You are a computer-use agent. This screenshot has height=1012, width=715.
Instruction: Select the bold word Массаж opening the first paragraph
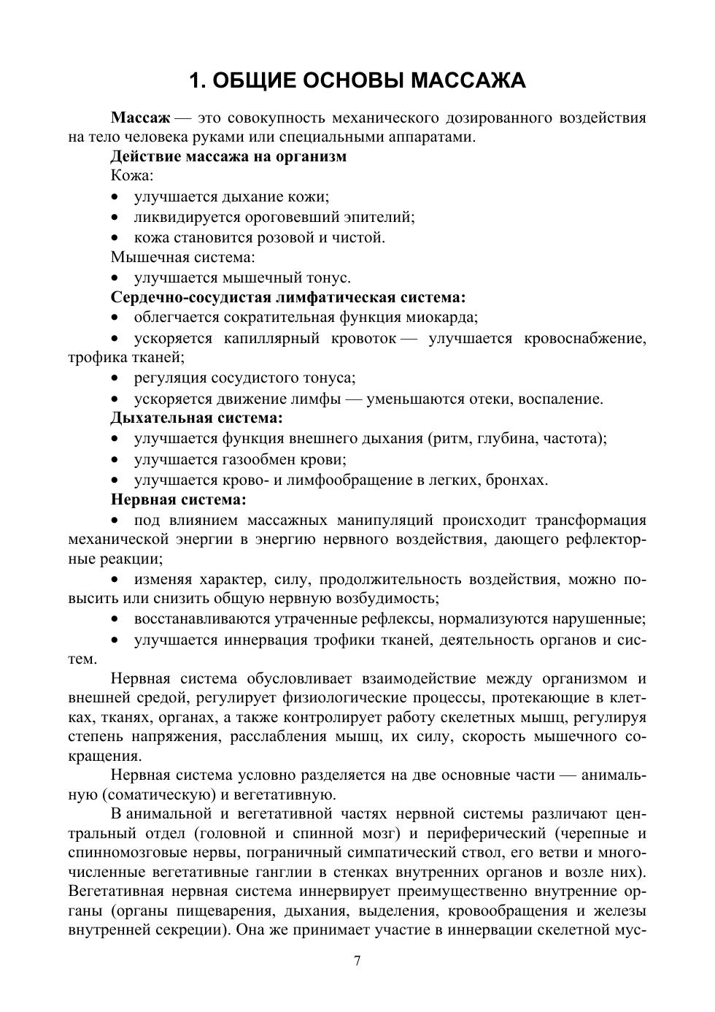(x=140, y=118)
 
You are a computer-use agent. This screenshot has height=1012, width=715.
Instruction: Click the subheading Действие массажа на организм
(x=228, y=156)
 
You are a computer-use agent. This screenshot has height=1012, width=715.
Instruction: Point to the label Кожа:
(x=132, y=176)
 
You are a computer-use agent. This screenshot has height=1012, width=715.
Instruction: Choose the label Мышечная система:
(x=183, y=257)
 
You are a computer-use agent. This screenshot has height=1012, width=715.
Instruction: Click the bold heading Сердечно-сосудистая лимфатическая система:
(x=288, y=297)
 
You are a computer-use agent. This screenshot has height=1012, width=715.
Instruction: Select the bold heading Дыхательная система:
(x=196, y=418)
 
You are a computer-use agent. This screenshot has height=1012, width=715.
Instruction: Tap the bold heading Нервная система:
(x=179, y=500)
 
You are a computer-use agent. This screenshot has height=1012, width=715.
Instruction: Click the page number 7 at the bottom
(x=357, y=961)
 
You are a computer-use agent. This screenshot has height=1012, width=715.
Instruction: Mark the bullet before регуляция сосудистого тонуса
(x=115, y=379)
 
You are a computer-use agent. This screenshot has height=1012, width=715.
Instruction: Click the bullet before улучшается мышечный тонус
(x=115, y=278)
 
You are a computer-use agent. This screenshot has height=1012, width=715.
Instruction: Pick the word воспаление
(x=563, y=399)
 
